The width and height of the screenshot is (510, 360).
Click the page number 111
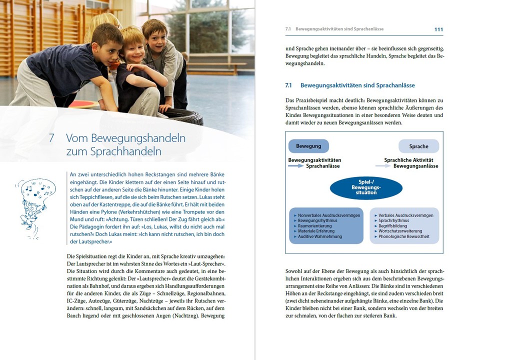(438, 29)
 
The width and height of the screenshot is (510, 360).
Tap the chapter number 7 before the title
(51, 138)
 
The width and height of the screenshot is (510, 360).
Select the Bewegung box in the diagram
(308, 146)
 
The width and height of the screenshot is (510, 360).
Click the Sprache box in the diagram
(418, 146)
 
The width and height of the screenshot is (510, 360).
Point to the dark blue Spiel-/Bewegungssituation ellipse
(366, 188)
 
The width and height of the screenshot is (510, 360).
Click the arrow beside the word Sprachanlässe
(296, 166)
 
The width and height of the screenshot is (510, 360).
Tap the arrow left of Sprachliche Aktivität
(383, 166)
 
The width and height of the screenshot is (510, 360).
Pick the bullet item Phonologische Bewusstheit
(405, 236)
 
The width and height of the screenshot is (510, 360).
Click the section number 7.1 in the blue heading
(288, 85)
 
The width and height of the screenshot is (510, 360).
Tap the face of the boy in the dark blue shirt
(108, 47)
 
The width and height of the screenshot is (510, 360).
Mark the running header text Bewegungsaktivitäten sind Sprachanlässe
(339, 29)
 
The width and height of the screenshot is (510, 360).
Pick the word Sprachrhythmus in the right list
(394, 220)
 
